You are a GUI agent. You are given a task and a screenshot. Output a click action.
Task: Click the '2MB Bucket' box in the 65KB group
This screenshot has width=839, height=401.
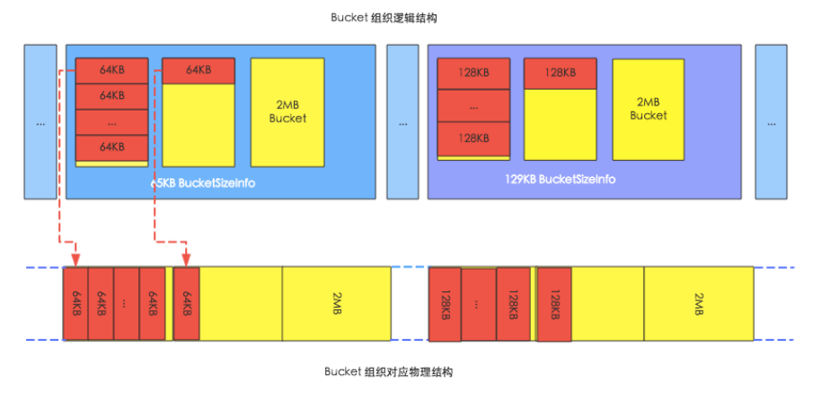point(287,111)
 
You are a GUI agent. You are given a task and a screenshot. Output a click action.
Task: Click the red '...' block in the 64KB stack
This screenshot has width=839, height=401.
point(111,121)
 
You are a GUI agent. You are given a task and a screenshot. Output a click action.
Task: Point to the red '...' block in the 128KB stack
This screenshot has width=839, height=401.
point(473,105)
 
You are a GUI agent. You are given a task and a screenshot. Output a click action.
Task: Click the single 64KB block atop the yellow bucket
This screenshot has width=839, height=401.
point(199,70)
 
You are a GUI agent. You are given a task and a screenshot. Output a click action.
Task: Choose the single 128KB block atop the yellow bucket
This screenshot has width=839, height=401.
point(559,73)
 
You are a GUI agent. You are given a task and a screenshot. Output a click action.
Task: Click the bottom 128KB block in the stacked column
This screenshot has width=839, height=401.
point(473,138)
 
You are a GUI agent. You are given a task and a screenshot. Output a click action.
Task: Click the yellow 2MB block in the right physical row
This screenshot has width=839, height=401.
point(699,304)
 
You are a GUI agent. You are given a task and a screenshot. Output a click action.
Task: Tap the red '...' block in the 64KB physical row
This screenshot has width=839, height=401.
point(127,304)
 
